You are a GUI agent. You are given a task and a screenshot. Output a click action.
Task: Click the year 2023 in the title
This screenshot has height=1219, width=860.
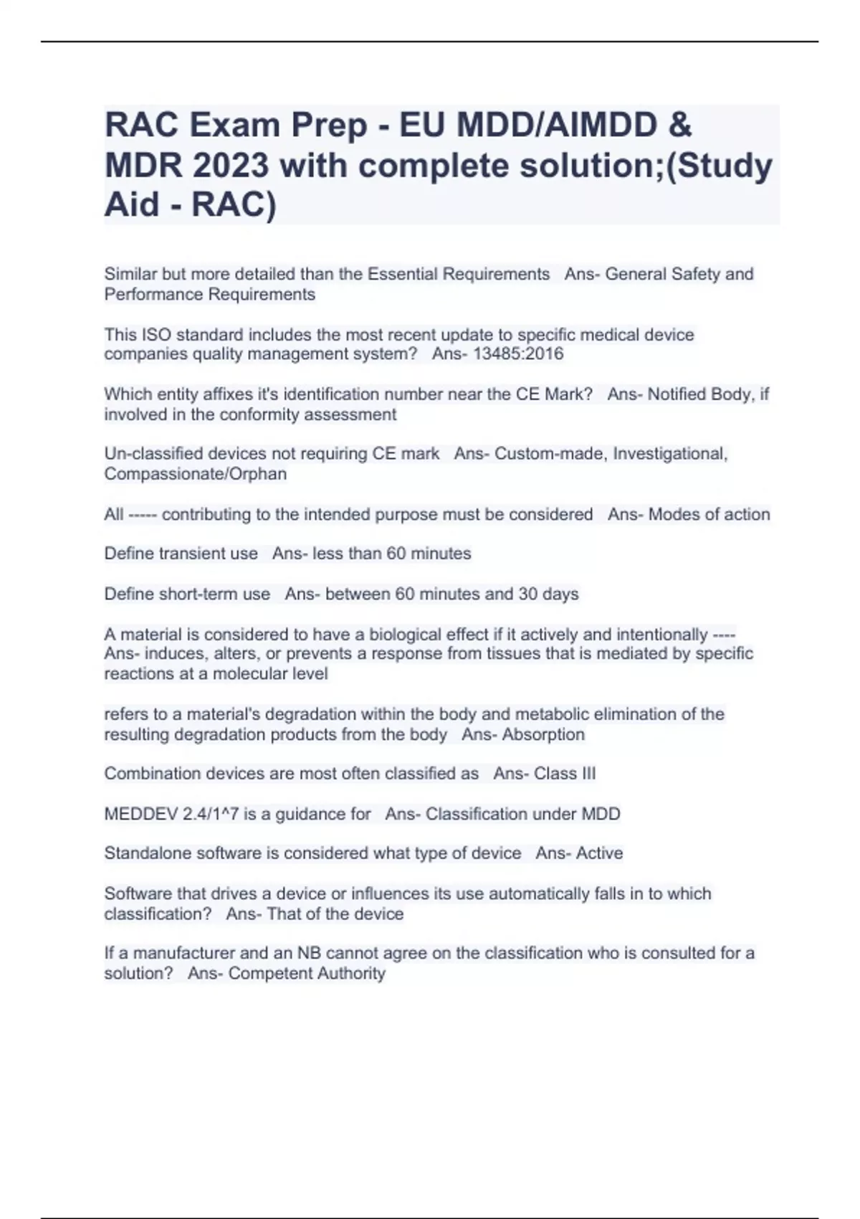click(x=230, y=166)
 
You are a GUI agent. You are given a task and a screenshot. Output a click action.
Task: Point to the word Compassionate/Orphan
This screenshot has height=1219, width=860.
click(x=195, y=474)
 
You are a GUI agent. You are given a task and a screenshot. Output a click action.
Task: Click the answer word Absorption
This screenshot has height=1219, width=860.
click(x=543, y=734)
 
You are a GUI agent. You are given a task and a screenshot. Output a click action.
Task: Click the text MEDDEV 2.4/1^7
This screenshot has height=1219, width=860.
click(x=171, y=814)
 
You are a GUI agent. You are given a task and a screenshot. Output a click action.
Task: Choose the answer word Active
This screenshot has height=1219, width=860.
click(x=599, y=853)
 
